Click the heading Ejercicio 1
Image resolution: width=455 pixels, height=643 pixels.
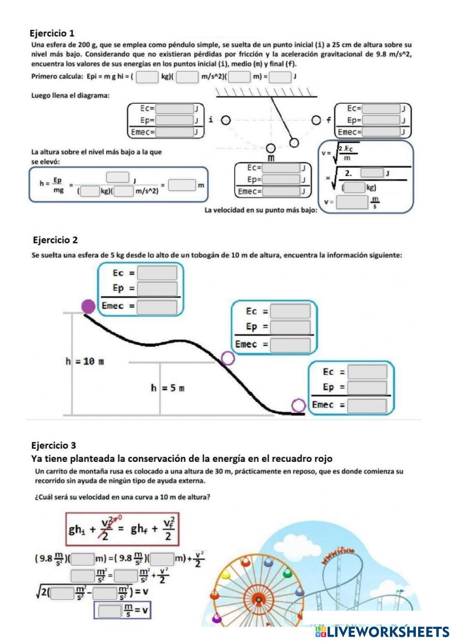pyautogui.click(x=52, y=33)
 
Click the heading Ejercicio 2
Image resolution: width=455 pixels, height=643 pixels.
pyautogui.click(x=55, y=240)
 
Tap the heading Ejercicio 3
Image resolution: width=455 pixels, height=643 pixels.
pyautogui.click(x=53, y=445)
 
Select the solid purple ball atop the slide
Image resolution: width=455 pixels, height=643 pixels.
pyautogui.click(x=89, y=306)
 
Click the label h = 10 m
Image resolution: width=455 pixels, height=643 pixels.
pyautogui.click(x=85, y=362)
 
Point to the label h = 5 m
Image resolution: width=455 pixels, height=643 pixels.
pyautogui.click(x=167, y=388)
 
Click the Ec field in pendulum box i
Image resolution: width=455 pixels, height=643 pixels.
pyautogui.click(x=174, y=109)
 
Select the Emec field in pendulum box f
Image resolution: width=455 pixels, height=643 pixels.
pyautogui.click(x=381, y=132)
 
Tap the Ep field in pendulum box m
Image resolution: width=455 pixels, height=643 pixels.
pyautogui.click(x=281, y=179)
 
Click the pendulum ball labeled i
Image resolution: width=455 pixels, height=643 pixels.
pyautogui.click(x=225, y=120)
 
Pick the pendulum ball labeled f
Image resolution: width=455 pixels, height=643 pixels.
pyautogui.click(x=317, y=120)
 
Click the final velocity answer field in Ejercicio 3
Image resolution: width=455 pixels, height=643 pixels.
pyautogui.click(x=110, y=610)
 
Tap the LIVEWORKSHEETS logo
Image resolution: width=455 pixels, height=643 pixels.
pyautogui.click(x=382, y=632)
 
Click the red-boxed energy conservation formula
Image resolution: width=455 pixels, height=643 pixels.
pyautogui.click(x=122, y=529)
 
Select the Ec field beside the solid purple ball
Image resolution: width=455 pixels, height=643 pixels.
pyautogui.click(x=157, y=273)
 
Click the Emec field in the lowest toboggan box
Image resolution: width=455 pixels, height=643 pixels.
pyautogui.click(x=367, y=405)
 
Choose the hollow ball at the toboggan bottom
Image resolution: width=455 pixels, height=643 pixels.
pyautogui.click(x=298, y=405)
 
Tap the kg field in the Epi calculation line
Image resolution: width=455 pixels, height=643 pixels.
pyautogui.click(x=147, y=76)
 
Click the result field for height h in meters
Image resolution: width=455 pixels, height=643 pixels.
pyautogui.click(x=182, y=185)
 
